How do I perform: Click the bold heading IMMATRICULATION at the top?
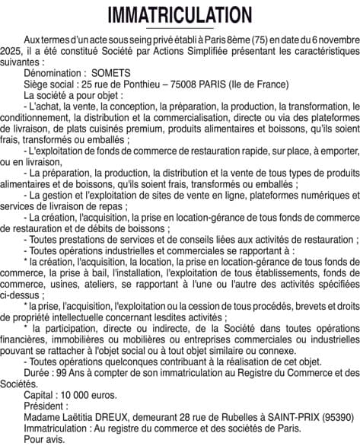click(x=180, y=14)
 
